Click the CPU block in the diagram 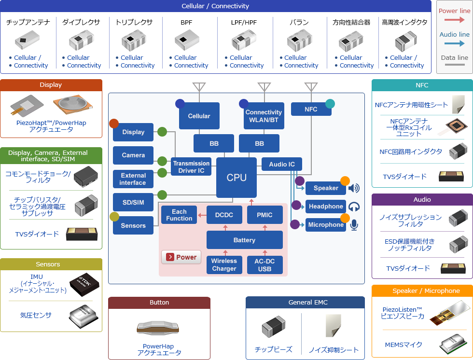[x=236, y=178]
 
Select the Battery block [x=244, y=240]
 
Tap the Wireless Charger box [x=224, y=265]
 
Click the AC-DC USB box [x=265, y=265]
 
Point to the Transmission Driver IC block [x=191, y=167]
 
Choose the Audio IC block [x=282, y=164]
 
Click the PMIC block [x=264, y=215]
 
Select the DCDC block [x=224, y=215]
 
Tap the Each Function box [x=179, y=215]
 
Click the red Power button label [x=181, y=257]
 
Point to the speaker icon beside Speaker [x=354, y=188]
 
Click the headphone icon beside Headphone [x=354, y=207]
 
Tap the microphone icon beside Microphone [x=354, y=225]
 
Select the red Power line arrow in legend [x=454, y=20]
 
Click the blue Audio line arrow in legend [x=454, y=43]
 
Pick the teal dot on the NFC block [x=330, y=103]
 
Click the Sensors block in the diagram [x=133, y=225]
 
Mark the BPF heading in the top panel [x=186, y=22]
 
